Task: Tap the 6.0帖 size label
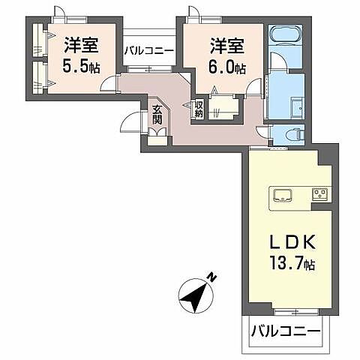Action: (226, 67)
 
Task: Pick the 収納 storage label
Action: (199, 110)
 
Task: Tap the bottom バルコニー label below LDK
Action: (285, 331)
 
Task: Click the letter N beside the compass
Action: (212, 277)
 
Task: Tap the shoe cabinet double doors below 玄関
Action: (157, 136)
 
